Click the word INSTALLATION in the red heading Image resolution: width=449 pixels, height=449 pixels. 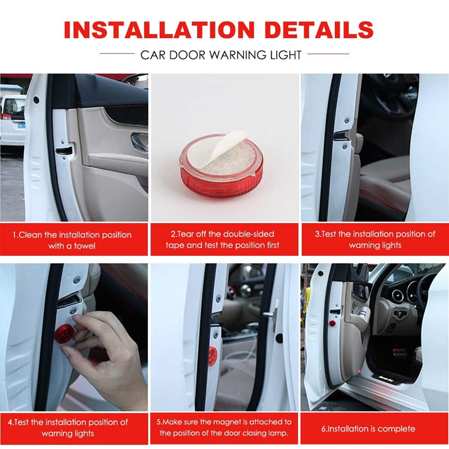(x=159, y=30)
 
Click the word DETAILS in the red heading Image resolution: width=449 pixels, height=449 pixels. (x=319, y=30)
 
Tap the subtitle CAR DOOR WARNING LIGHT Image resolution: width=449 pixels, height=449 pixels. (x=221, y=55)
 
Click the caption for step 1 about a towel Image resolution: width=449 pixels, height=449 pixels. (x=72, y=240)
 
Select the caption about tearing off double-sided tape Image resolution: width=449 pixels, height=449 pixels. (x=222, y=240)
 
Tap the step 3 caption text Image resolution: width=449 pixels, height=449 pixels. (x=375, y=240)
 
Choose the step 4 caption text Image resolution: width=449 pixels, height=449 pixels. (x=68, y=428)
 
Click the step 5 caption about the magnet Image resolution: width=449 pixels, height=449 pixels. (x=224, y=427)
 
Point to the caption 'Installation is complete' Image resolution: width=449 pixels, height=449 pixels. (x=368, y=429)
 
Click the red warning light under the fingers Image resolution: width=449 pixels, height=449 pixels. (x=64, y=333)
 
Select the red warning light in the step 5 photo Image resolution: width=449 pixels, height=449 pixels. (x=213, y=356)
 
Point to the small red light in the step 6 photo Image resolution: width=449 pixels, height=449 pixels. (x=332, y=324)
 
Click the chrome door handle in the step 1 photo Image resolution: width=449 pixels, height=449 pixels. (x=139, y=141)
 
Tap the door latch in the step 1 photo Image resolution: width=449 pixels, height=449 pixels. (x=64, y=150)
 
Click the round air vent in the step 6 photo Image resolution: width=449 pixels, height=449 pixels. (x=397, y=296)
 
